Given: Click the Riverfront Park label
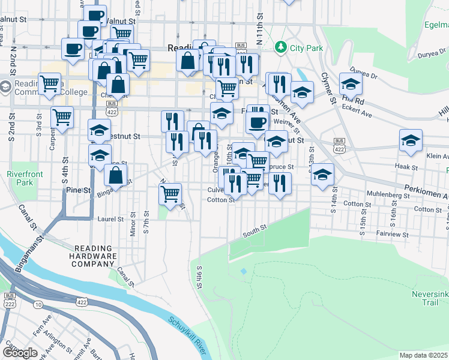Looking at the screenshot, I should [18, 178].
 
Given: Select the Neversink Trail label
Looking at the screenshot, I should [430, 298].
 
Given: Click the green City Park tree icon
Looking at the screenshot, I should [280, 47].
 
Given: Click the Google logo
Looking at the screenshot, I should [20, 353].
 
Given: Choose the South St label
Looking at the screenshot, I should [255, 230].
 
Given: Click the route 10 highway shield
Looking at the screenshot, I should [38, 305].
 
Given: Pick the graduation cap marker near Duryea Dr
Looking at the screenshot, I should [350, 84].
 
